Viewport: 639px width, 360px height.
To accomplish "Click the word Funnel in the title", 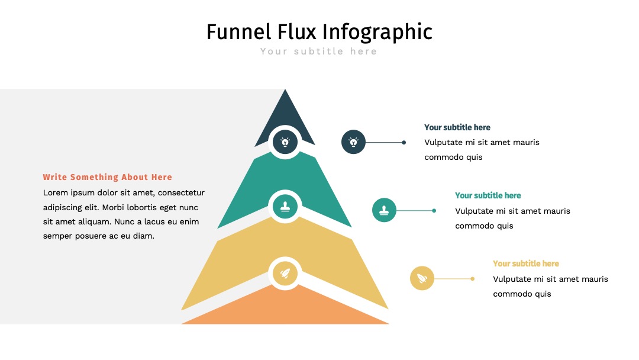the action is click(x=239, y=32).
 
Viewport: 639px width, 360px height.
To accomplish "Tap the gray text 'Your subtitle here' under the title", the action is click(x=319, y=52).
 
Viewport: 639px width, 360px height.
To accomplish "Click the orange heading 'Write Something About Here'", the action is click(x=108, y=177).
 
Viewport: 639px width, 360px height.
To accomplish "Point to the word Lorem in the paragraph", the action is click(x=56, y=192).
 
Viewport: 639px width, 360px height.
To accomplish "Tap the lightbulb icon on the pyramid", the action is click(x=285, y=142).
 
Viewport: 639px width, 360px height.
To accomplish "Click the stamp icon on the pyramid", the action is click(x=285, y=207).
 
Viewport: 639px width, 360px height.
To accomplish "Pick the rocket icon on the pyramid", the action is click(x=285, y=273).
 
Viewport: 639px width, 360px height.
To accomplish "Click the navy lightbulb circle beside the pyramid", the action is click(x=353, y=142).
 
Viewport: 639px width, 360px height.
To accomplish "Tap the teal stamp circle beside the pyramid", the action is click(x=384, y=210).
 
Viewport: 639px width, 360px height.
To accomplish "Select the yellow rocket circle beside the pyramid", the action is click(x=422, y=278).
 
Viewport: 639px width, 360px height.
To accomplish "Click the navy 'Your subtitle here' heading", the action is click(x=457, y=127).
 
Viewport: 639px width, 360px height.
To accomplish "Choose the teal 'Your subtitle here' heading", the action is click(x=488, y=195).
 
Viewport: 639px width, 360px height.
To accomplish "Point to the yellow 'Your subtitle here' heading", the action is click(x=526, y=263).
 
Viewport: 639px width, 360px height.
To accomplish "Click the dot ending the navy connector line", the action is click(x=404, y=142).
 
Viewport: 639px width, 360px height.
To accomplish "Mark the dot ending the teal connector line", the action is click(x=434, y=210).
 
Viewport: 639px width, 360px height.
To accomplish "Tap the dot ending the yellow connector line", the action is click(x=472, y=278).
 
